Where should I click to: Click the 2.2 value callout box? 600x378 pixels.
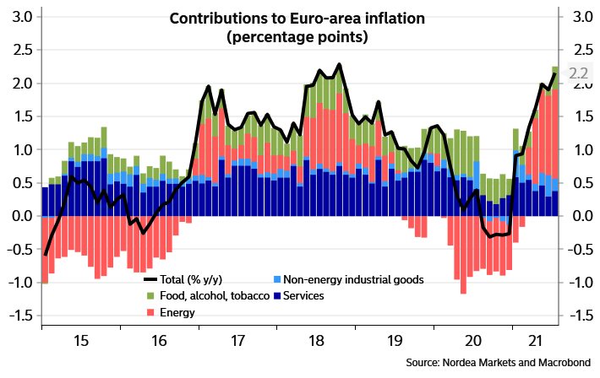[x=579, y=74]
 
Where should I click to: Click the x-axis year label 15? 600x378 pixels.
[x=80, y=342]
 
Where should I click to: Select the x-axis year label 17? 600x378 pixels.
[x=237, y=342]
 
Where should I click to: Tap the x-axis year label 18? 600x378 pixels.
[x=315, y=342]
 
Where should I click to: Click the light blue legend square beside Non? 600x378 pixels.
[x=276, y=279]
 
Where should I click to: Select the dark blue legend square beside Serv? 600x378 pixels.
[x=276, y=295]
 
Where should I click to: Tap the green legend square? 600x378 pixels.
[x=151, y=295]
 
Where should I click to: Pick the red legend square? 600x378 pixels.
[x=151, y=312]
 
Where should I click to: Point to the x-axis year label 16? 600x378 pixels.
[x=158, y=342]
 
